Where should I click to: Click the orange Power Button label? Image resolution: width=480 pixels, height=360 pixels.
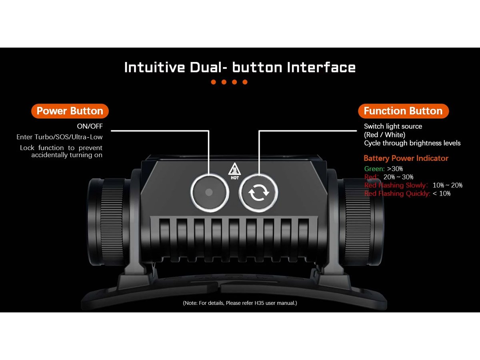click(x=70, y=111)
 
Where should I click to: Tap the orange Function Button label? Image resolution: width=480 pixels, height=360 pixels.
click(x=403, y=111)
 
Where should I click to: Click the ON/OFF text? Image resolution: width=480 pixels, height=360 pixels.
click(x=90, y=126)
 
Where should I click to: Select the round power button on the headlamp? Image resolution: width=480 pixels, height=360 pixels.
click(x=210, y=192)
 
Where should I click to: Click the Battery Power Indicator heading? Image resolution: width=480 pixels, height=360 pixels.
click(x=406, y=158)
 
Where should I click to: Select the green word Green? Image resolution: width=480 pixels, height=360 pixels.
click(x=374, y=169)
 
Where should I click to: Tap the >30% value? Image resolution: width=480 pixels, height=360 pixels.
click(x=395, y=169)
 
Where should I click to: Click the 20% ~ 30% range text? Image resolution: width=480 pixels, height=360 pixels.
click(x=398, y=177)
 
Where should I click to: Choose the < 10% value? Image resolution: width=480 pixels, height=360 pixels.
click(x=442, y=194)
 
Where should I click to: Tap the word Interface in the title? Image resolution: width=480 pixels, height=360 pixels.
click(x=321, y=67)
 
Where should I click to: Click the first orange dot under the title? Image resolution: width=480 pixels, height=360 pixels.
click(x=214, y=82)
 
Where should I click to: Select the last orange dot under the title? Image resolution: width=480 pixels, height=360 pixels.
click(x=245, y=82)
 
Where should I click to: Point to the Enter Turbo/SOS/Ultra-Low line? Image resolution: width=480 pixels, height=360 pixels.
click(x=60, y=137)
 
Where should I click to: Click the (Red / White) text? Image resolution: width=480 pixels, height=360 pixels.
click(x=385, y=135)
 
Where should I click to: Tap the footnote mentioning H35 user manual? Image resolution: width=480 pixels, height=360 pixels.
click(x=240, y=303)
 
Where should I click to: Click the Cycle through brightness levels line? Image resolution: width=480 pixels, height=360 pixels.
click(x=412, y=143)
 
